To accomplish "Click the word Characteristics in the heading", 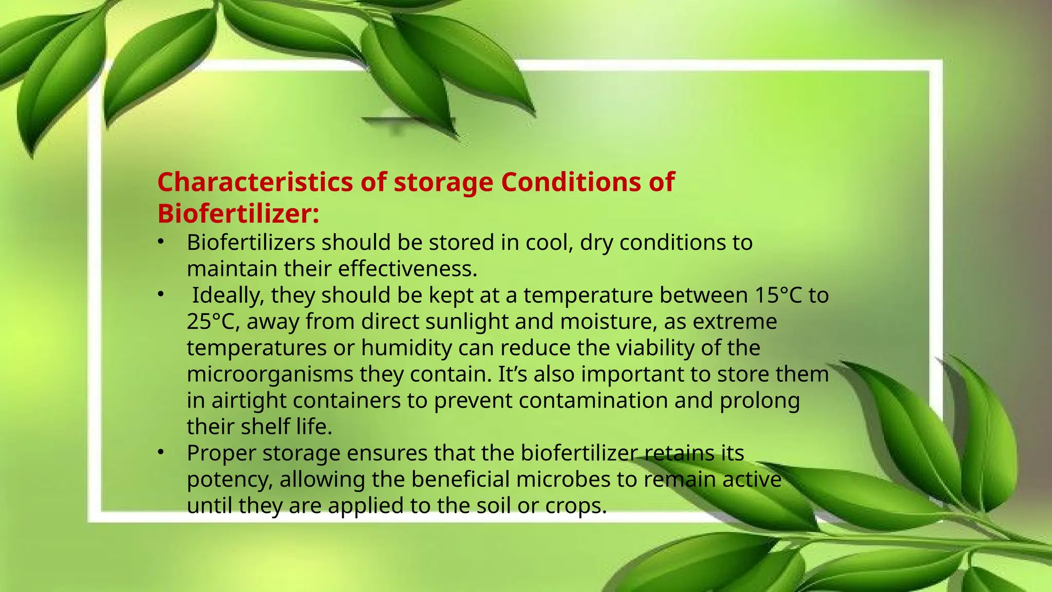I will pos(255,182).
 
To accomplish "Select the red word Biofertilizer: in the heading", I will pos(238,214).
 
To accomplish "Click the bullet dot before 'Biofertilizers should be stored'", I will pos(161,241).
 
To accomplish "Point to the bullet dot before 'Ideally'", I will pos(161,294).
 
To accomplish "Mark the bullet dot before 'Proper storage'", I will pos(161,452).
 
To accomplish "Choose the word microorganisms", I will pos(270,374).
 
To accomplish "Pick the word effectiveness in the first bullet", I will pos(407,269).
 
